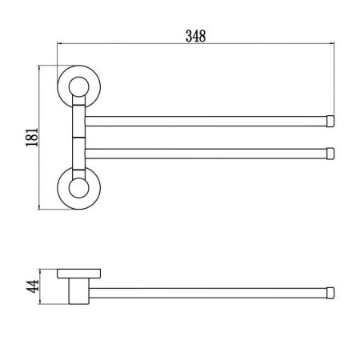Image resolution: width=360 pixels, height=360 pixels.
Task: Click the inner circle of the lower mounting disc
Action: pyautogui.click(x=78, y=189)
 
